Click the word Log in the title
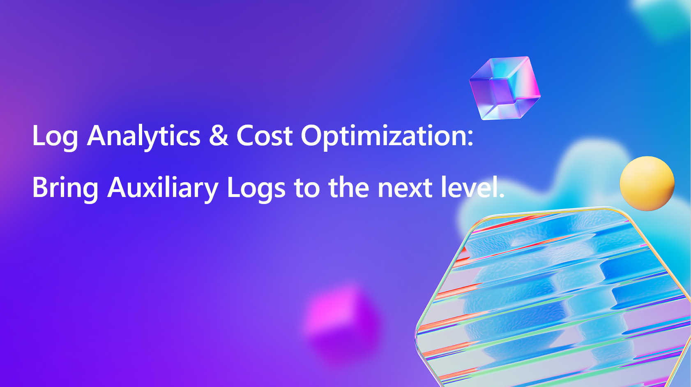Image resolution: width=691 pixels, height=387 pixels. tap(55, 137)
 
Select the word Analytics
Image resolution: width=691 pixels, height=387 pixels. tap(144, 137)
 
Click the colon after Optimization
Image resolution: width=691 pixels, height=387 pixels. tap(470, 138)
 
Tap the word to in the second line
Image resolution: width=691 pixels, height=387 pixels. tap(307, 188)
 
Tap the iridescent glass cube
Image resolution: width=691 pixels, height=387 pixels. tap(504, 88)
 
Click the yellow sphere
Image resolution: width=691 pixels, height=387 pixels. tap(647, 184)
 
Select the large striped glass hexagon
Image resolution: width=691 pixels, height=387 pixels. tap(554, 297)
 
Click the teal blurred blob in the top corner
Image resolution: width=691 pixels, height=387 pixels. tap(663, 17)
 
